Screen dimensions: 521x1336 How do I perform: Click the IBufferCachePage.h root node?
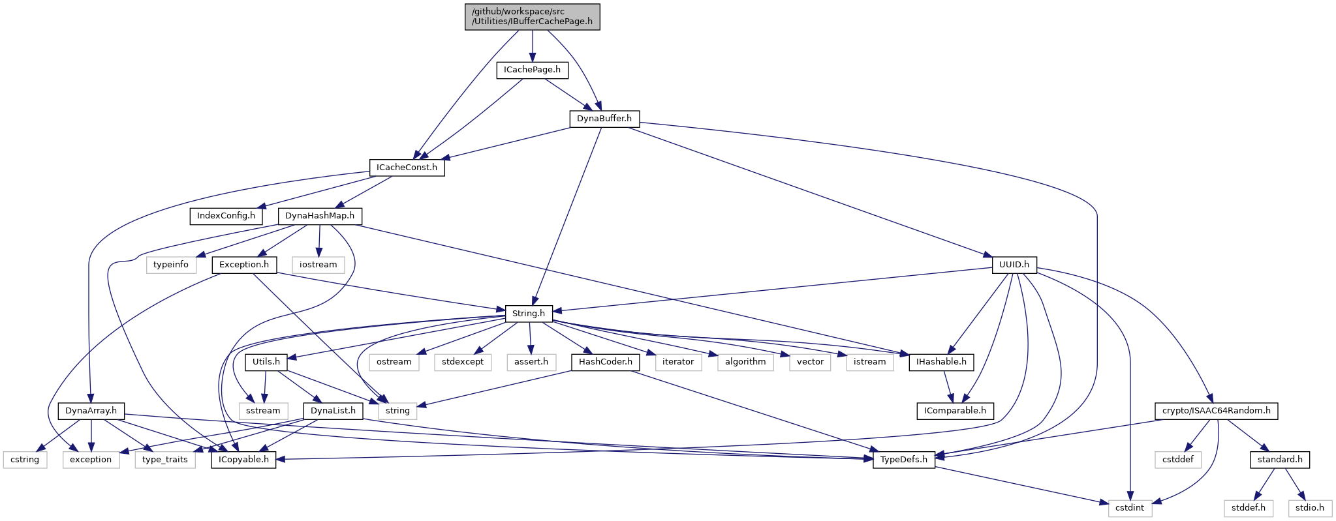click(532, 16)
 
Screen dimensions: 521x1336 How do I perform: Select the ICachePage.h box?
click(533, 70)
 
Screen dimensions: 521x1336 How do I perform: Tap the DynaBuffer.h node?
click(604, 119)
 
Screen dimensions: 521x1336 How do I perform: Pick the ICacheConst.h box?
click(407, 168)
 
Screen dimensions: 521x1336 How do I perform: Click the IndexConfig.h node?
click(226, 216)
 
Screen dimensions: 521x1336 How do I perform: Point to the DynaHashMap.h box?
click(320, 216)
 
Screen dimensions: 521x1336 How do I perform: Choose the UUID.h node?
click(1014, 265)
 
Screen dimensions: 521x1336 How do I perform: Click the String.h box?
click(529, 314)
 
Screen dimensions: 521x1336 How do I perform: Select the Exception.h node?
click(244, 265)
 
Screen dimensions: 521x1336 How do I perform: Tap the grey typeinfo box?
click(171, 265)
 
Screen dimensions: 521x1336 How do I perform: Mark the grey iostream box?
click(318, 265)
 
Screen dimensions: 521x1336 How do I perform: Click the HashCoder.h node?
click(606, 362)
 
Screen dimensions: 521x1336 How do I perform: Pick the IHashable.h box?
click(941, 362)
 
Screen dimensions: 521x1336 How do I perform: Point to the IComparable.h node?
click(955, 411)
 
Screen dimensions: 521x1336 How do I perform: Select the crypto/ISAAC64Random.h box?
click(1217, 411)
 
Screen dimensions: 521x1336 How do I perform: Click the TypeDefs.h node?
click(903, 460)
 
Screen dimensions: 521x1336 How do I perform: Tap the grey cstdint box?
click(1130, 508)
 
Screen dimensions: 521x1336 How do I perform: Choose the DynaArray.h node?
click(91, 411)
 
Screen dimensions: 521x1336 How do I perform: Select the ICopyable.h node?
click(243, 460)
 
